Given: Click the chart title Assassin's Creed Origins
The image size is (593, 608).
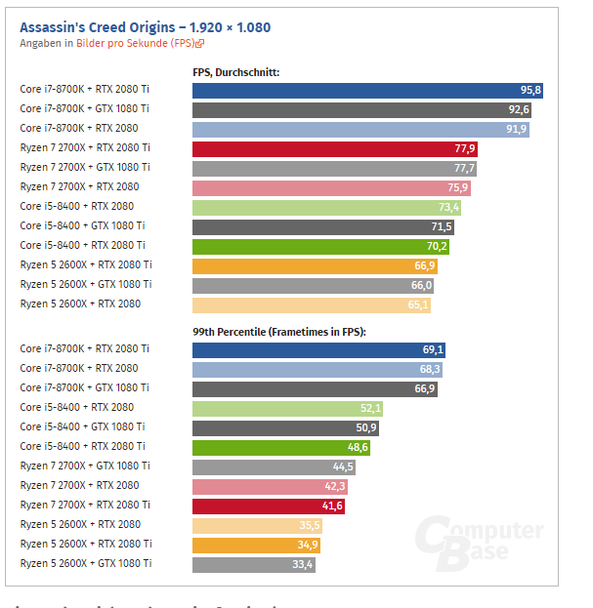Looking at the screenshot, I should [x=145, y=27].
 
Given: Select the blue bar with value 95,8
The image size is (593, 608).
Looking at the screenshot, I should [x=367, y=90].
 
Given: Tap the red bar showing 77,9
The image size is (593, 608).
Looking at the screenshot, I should [x=335, y=148].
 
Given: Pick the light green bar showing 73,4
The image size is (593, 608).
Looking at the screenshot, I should [x=326, y=207].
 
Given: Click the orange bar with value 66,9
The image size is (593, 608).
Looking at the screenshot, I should [x=315, y=265].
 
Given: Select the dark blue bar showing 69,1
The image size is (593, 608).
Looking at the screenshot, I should [x=319, y=349].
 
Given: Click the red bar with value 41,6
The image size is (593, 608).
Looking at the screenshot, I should [x=269, y=506].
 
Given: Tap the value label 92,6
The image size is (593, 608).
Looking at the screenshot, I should [x=519, y=109].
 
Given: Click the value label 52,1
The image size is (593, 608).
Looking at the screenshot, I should [x=370, y=408].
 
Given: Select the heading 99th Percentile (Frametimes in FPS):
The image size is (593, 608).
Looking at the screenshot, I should [x=278, y=332].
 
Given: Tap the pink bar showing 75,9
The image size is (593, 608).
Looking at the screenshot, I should [x=331, y=187].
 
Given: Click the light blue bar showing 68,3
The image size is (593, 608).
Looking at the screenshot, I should [x=318, y=369].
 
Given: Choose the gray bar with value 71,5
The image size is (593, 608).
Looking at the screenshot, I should [x=322, y=226].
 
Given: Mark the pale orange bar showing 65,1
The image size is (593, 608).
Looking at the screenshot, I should [x=311, y=304].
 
